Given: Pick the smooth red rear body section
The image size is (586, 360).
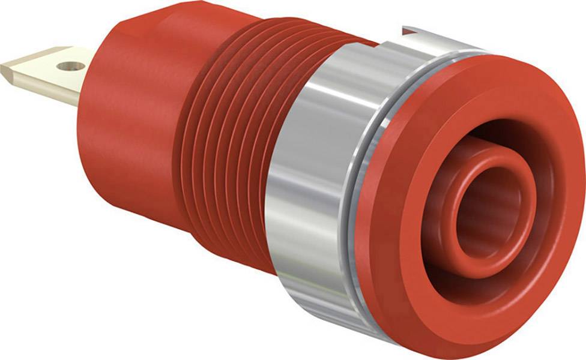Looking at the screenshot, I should pyautogui.click(x=126, y=150).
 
